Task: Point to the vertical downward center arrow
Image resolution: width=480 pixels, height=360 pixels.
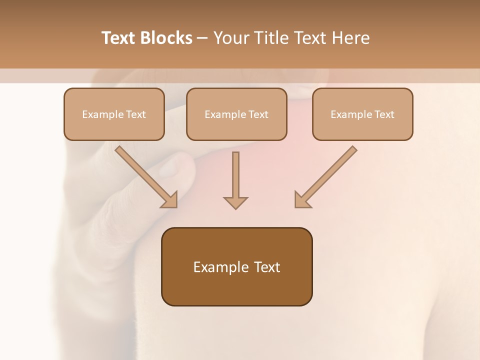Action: [235, 175]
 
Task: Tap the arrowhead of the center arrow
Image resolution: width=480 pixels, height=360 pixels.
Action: [235, 202]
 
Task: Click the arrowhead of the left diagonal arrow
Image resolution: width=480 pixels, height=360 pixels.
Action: [170, 200]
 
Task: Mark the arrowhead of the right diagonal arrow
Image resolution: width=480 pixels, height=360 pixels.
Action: [302, 200]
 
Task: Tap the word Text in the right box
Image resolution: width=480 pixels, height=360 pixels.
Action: [384, 114]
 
